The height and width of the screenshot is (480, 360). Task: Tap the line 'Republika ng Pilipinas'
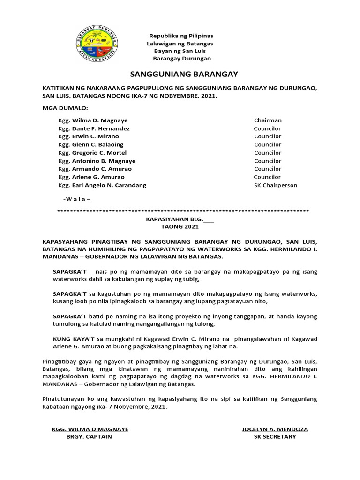(181, 36)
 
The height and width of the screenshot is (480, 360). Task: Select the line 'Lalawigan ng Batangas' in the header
(181, 43)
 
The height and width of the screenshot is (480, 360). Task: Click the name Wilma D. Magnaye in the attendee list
(99, 120)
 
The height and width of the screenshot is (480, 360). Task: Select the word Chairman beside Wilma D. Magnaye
(268, 120)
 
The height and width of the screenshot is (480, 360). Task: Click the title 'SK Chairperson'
(275, 185)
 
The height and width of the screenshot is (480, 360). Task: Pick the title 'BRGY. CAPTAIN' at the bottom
(89, 436)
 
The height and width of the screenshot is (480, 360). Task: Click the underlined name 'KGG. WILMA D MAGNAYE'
(90, 429)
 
